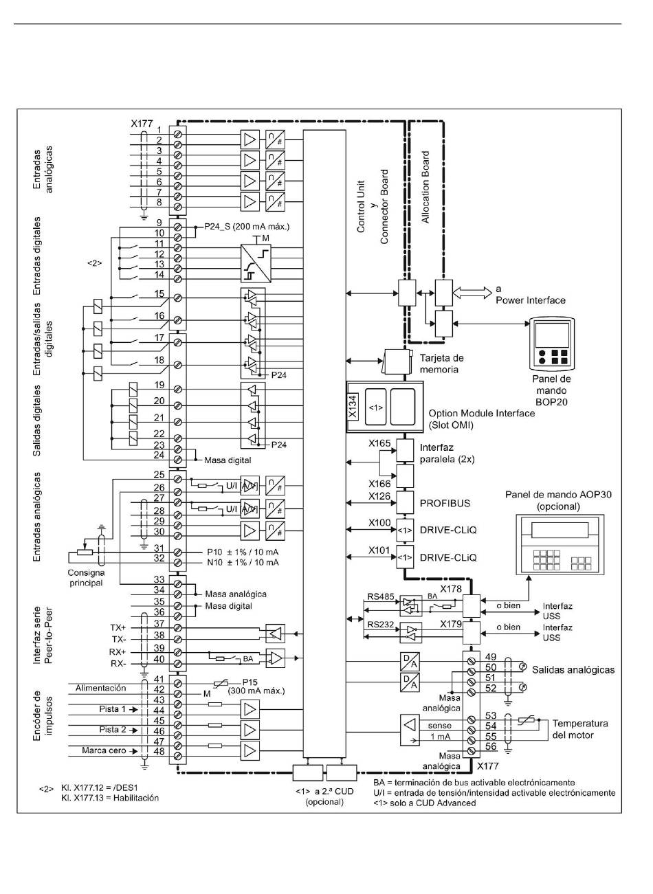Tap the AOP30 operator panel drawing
click(x=560, y=544)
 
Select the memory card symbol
click(x=397, y=361)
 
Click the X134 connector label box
click(x=353, y=407)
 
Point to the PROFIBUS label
click(x=445, y=503)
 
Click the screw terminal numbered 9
click(x=179, y=227)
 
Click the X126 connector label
click(x=379, y=497)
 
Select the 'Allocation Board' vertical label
click(x=425, y=187)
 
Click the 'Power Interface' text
click(x=531, y=300)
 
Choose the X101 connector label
click(x=379, y=550)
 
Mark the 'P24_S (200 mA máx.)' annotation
click(x=247, y=227)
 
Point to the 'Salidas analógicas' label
click(x=573, y=670)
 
